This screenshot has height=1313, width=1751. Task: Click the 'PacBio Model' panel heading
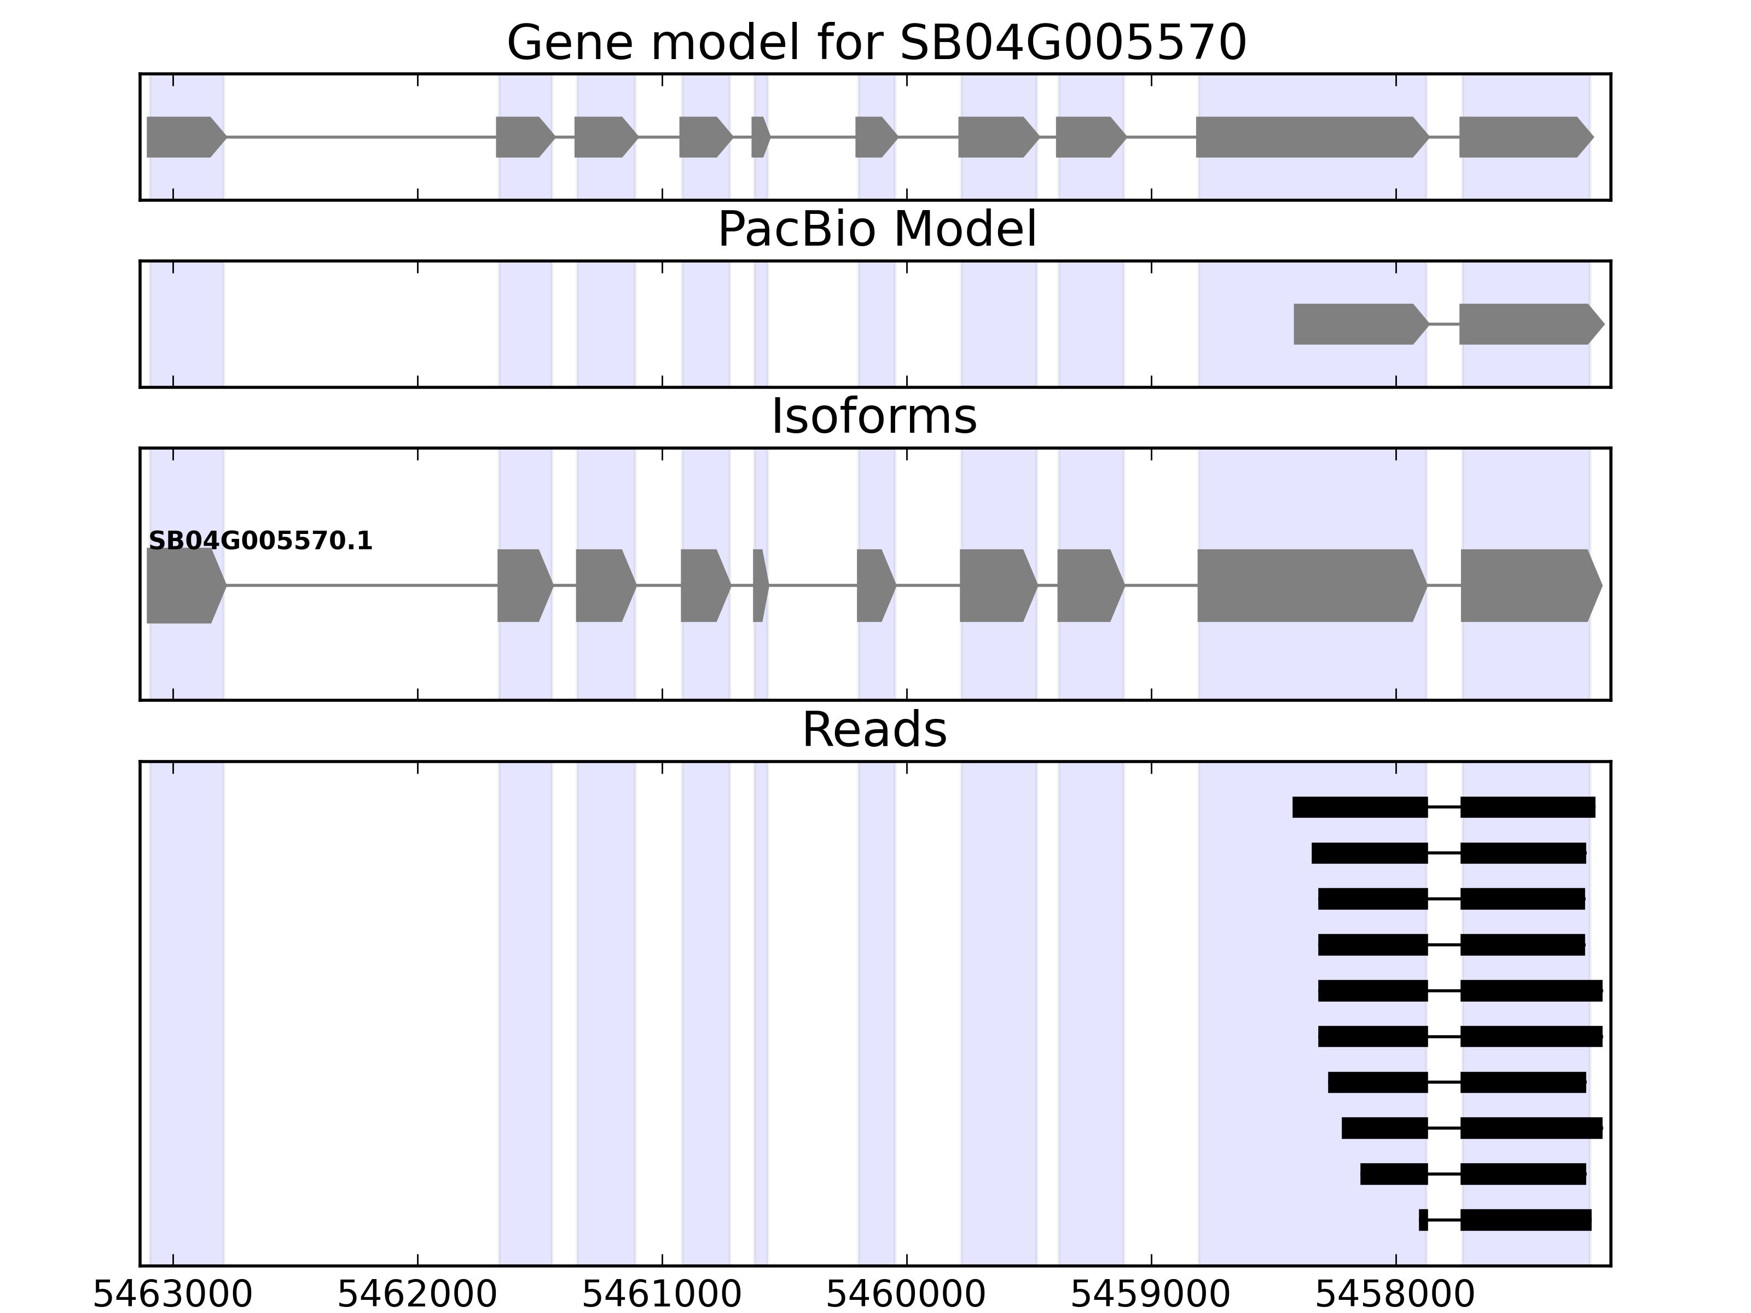[876, 230]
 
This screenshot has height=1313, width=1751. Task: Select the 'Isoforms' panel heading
[874, 417]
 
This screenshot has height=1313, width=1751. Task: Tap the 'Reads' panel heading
[874, 730]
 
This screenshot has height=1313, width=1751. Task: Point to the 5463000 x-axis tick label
[172, 1295]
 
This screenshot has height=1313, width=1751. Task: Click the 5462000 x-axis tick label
[417, 1295]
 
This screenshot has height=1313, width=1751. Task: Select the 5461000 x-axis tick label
[662, 1295]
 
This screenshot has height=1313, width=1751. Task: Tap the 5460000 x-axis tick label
[906, 1295]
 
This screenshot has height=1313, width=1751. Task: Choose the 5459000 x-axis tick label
[1150, 1295]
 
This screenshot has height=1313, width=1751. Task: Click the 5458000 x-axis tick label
[1395, 1295]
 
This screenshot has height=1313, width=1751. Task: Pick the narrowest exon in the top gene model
[759, 137]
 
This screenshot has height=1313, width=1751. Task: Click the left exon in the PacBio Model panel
[1358, 324]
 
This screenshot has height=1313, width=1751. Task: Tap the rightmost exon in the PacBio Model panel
[1528, 324]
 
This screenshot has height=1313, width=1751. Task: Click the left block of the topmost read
[1359, 807]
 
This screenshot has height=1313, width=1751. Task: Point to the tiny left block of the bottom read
[1423, 1219]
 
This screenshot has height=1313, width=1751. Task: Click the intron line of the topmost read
[1444, 807]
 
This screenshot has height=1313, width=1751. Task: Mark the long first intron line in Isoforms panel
[362, 586]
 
